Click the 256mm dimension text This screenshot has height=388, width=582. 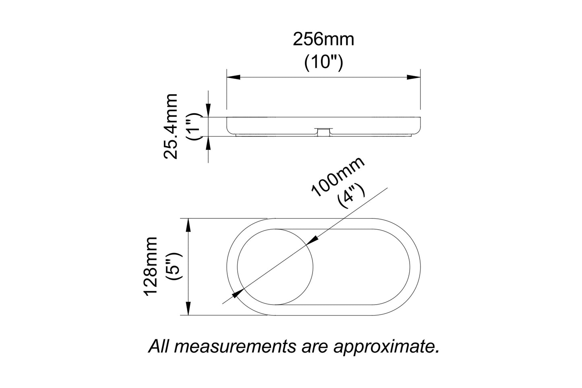pos(323,39)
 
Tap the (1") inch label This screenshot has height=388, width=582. pos(194,127)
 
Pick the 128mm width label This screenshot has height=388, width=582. pos(152,266)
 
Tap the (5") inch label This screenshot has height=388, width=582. pos(176,266)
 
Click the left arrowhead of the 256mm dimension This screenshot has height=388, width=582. pos(234,77)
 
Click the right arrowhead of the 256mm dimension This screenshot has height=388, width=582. pos(414,77)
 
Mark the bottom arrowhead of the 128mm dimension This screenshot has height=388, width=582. pos(188,308)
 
